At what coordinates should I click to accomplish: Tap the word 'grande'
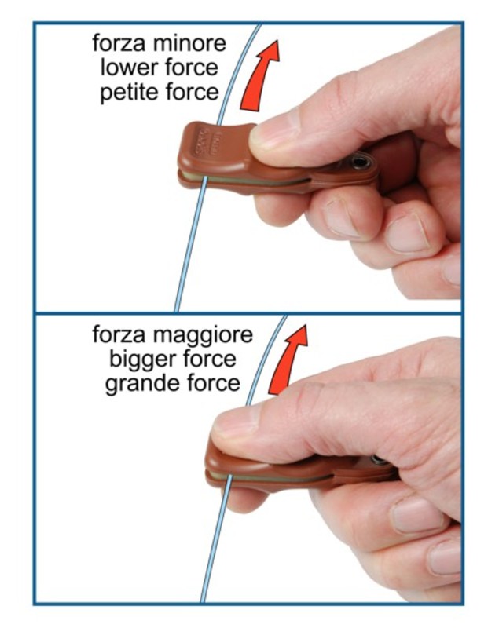pyautogui.click(x=139, y=385)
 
